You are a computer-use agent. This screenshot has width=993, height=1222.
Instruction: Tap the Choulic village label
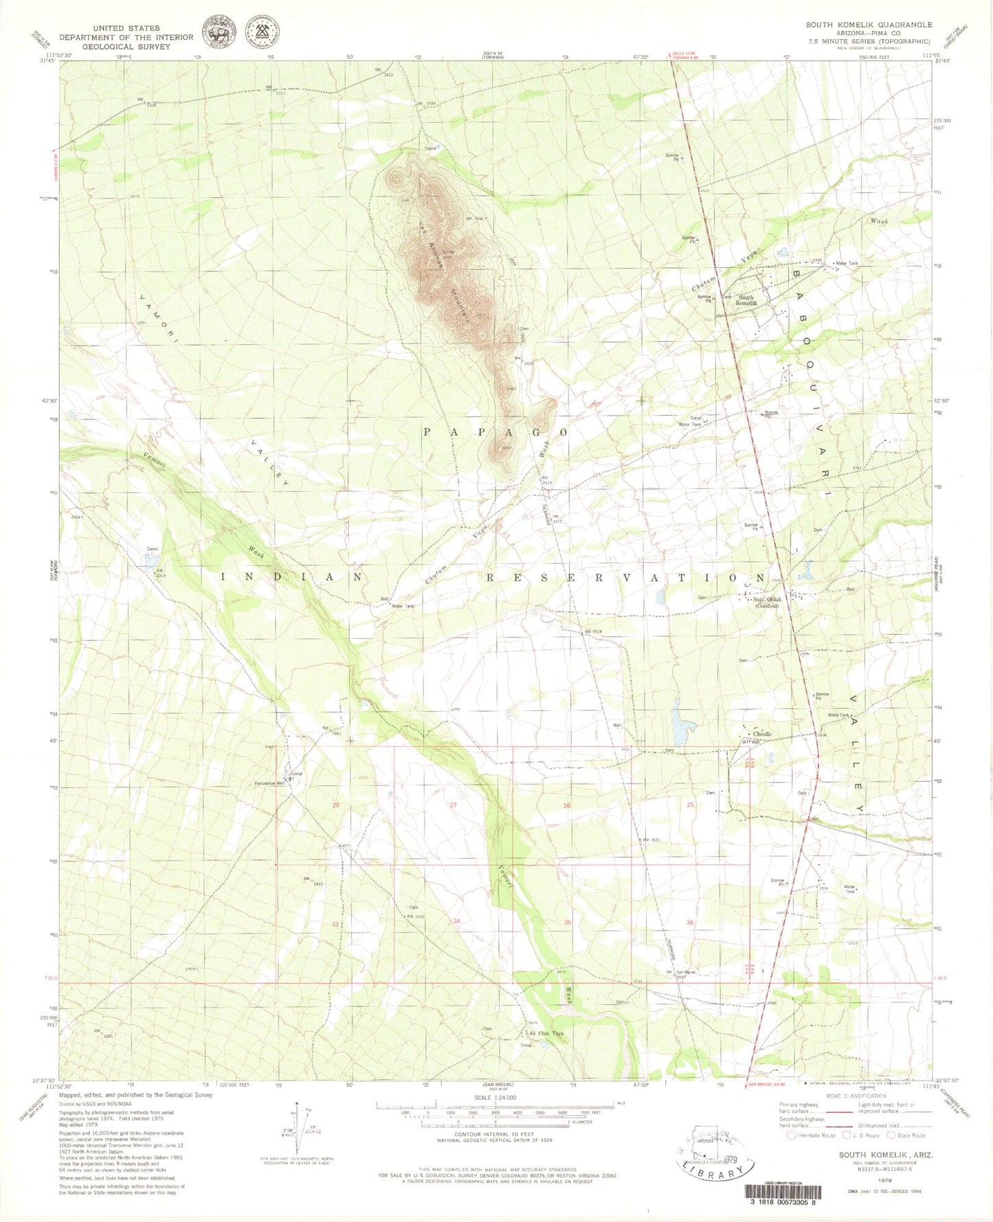(762, 734)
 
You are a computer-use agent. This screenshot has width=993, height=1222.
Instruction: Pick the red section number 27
(454, 804)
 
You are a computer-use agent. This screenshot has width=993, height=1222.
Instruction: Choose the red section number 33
(335, 924)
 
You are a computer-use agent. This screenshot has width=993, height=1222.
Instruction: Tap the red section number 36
(690, 923)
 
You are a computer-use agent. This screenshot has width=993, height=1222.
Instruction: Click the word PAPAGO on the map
(495, 432)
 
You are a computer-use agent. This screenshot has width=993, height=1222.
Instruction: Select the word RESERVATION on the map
(625, 578)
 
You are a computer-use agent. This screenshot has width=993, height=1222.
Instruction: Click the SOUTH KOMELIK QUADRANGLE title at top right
(869, 25)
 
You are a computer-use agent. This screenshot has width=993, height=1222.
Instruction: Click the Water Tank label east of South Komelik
(846, 263)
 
